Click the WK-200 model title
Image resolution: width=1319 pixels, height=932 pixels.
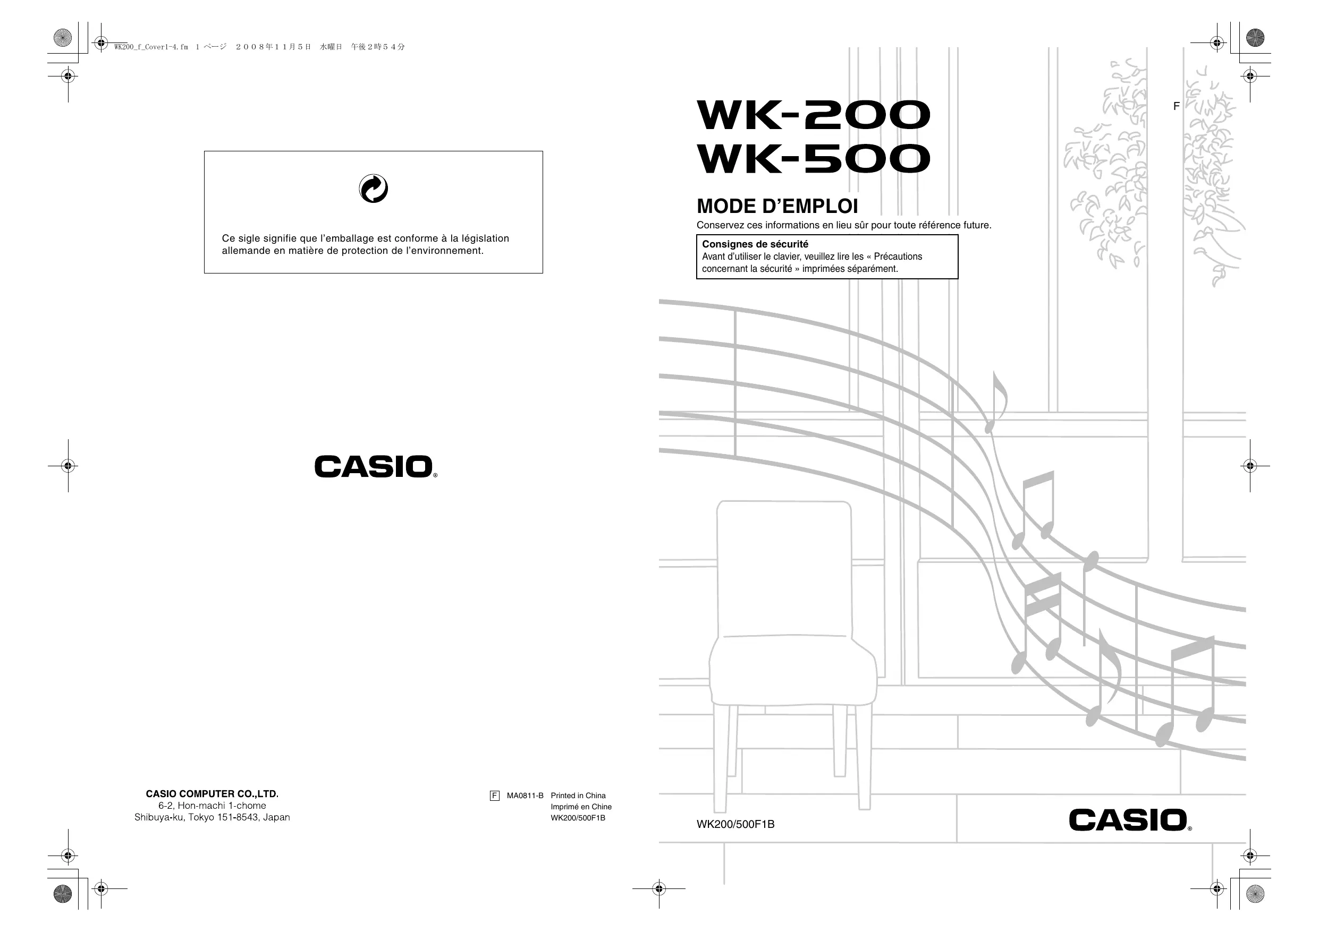point(813,115)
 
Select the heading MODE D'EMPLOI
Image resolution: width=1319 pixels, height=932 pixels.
point(777,206)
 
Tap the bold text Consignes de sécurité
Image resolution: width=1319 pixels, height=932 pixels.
point(755,244)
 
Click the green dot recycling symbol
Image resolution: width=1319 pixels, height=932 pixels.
point(374,189)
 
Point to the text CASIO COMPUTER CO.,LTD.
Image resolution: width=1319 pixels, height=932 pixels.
point(212,793)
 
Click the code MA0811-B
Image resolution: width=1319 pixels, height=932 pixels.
point(525,796)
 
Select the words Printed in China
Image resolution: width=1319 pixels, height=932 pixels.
point(578,796)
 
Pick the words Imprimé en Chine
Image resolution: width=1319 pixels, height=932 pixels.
point(581,807)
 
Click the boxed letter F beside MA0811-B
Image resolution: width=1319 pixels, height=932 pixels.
point(495,796)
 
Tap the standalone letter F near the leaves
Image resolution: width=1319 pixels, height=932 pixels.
point(1176,106)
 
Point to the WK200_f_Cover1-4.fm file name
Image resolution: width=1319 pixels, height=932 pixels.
point(151,47)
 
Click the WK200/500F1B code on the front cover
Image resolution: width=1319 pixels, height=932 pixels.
point(735,825)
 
